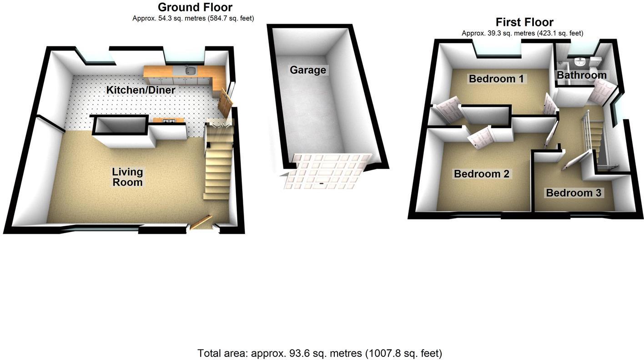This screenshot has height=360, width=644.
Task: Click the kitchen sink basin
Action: click(191, 70)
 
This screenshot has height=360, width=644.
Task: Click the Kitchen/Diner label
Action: click(141, 90)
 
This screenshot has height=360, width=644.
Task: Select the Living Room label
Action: click(127, 177)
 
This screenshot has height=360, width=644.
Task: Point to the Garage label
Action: click(308, 70)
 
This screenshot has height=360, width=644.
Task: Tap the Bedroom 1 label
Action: click(496, 79)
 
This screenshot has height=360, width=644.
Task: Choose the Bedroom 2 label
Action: click(481, 174)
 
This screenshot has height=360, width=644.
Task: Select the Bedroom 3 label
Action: click(574, 193)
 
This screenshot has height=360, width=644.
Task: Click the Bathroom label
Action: click(582, 75)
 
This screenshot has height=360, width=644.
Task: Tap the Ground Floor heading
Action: click(195, 7)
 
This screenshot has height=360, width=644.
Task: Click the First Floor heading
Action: click(524, 22)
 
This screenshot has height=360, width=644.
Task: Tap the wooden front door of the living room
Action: click(201, 222)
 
